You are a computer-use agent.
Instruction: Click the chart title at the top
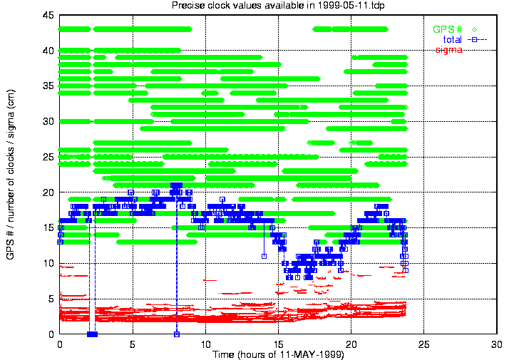tap(277, 6)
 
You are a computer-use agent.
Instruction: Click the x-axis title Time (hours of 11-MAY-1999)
tap(277, 354)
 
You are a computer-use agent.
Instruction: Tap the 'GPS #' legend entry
tap(447, 29)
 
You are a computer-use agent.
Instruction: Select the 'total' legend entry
tap(453, 39)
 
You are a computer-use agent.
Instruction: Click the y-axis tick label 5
tap(52, 299)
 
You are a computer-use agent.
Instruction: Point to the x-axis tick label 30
tap(497, 344)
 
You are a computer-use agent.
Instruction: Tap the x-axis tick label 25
tap(424, 344)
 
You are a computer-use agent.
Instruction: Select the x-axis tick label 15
tap(278, 344)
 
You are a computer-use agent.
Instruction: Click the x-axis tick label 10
tap(205, 344)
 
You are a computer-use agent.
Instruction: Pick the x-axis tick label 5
tap(133, 344)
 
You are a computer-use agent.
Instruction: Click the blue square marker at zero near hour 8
tap(177, 334)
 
